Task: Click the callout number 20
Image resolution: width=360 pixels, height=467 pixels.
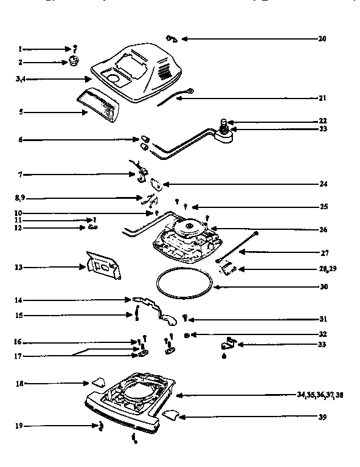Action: pyautogui.click(x=322, y=38)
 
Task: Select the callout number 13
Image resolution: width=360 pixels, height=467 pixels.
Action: pyautogui.click(x=20, y=266)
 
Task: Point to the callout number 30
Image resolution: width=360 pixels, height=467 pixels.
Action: pyautogui.click(x=322, y=286)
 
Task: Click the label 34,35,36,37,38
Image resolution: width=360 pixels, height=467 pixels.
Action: pyautogui.click(x=320, y=395)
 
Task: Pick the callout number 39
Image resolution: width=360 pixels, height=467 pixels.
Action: pyautogui.click(x=322, y=417)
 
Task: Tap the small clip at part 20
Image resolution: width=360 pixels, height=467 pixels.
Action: pyautogui.click(x=171, y=39)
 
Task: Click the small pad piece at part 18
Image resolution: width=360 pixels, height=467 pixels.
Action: pyautogui.click(x=97, y=384)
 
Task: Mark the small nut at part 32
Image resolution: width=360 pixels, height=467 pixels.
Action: pyautogui.click(x=188, y=334)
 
